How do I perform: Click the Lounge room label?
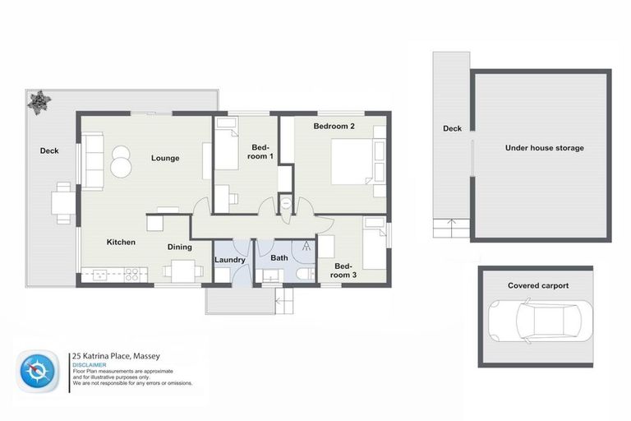point(164,158)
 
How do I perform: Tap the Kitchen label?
point(120,243)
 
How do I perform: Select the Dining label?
point(179,247)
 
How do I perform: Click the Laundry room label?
point(230,260)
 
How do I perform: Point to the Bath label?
point(279,258)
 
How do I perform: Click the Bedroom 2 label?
point(334,127)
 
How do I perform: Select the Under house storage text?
point(545,148)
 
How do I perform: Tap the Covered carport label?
point(538,285)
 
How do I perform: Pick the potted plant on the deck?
point(39,101)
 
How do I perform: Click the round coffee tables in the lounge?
point(122,161)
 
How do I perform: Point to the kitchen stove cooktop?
point(131,275)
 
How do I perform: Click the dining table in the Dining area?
point(182,271)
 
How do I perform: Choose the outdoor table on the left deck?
point(63,201)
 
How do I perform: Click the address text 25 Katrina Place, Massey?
point(116,356)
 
